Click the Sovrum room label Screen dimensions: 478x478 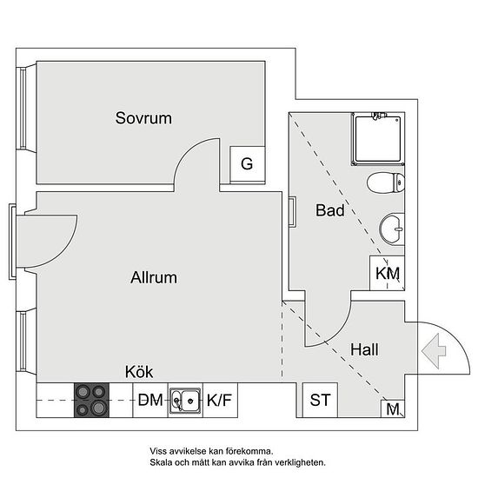(143, 118)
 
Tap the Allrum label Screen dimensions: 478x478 (154, 277)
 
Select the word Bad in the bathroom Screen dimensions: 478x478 (330, 210)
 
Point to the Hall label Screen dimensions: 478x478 (364, 349)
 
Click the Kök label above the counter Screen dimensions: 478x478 (139, 372)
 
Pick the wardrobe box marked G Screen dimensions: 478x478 (247, 165)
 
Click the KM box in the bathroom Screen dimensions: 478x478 (387, 273)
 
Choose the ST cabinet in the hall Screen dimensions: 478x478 (320, 400)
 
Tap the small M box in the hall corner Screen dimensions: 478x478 (393, 408)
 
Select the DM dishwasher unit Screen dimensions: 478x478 (150, 400)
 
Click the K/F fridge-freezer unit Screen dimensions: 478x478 (220, 400)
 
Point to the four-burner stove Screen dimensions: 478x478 (91, 400)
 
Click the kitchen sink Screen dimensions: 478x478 (185, 401)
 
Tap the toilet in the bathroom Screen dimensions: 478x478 (386, 183)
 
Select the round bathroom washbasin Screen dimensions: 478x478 (392, 229)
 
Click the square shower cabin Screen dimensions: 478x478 (377, 139)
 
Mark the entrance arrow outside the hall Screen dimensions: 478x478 (434, 351)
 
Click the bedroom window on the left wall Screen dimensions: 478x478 (23, 109)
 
